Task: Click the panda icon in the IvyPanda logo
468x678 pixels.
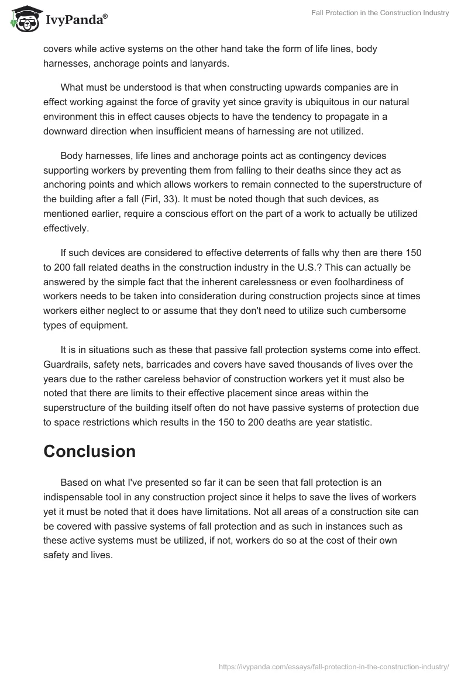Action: click(x=24, y=19)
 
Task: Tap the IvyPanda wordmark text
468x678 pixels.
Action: click(x=76, y=20)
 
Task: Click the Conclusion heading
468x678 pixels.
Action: click(x=90, y=451)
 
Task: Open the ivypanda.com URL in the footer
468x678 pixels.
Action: click(x=333, y=666)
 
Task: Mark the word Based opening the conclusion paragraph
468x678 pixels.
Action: click(x=74, y=482)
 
